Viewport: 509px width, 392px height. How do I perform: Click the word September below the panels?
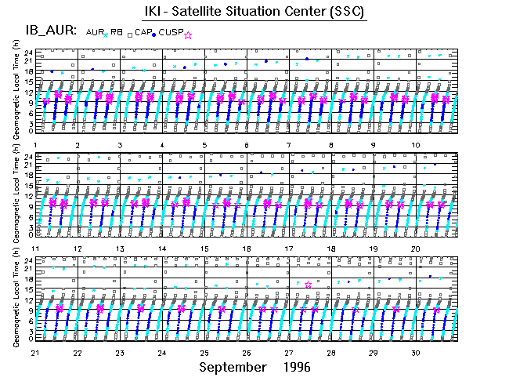[x=231, y=367]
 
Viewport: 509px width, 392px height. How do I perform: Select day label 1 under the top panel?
[x=36, y=145]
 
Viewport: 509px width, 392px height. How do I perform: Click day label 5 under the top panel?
[x=204, y=145]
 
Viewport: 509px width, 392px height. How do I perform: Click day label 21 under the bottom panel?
[x=36, y=352]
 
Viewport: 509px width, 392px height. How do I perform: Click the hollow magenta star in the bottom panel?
[x=309, y=285]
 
